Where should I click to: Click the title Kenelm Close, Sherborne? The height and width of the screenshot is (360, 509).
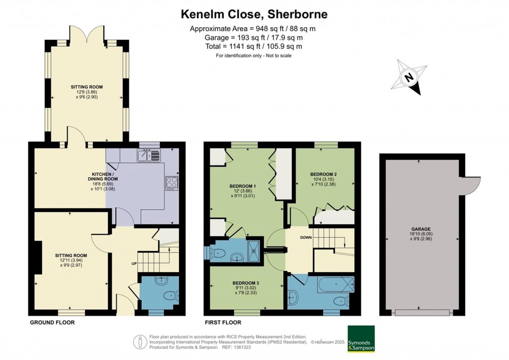click(x=254, y=14)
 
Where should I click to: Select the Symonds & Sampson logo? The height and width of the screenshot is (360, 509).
click(x=361, y=338)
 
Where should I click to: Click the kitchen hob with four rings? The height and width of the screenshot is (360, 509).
click(x=171, y=182)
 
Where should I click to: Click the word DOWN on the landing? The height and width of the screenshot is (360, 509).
click(x=306, y=238)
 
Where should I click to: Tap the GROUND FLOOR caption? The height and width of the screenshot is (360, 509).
click(x=52, y=322)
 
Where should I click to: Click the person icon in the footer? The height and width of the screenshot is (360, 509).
click(x=141, y=342)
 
